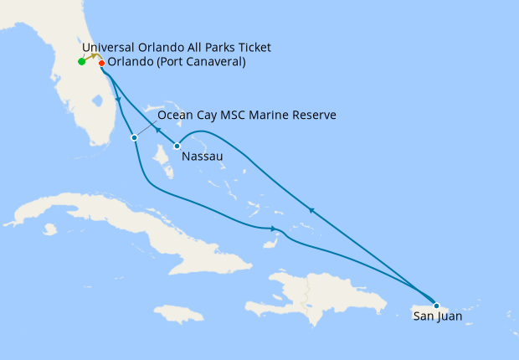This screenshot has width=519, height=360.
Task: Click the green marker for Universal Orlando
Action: pos(81,61)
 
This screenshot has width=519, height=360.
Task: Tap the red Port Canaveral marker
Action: pos(101,63)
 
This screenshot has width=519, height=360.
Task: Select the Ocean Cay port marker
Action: pos(134,137)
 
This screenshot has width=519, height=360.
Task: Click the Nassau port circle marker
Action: pos(177,147)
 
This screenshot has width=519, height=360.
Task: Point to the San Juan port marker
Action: pos(436,306)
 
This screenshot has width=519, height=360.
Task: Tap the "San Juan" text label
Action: pos(437,317)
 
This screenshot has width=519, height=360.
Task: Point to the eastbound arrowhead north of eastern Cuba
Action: pos(273,229)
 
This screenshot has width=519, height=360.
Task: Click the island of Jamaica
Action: pos(179,314)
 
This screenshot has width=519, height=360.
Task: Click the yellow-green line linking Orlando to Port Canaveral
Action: pos(92,56)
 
